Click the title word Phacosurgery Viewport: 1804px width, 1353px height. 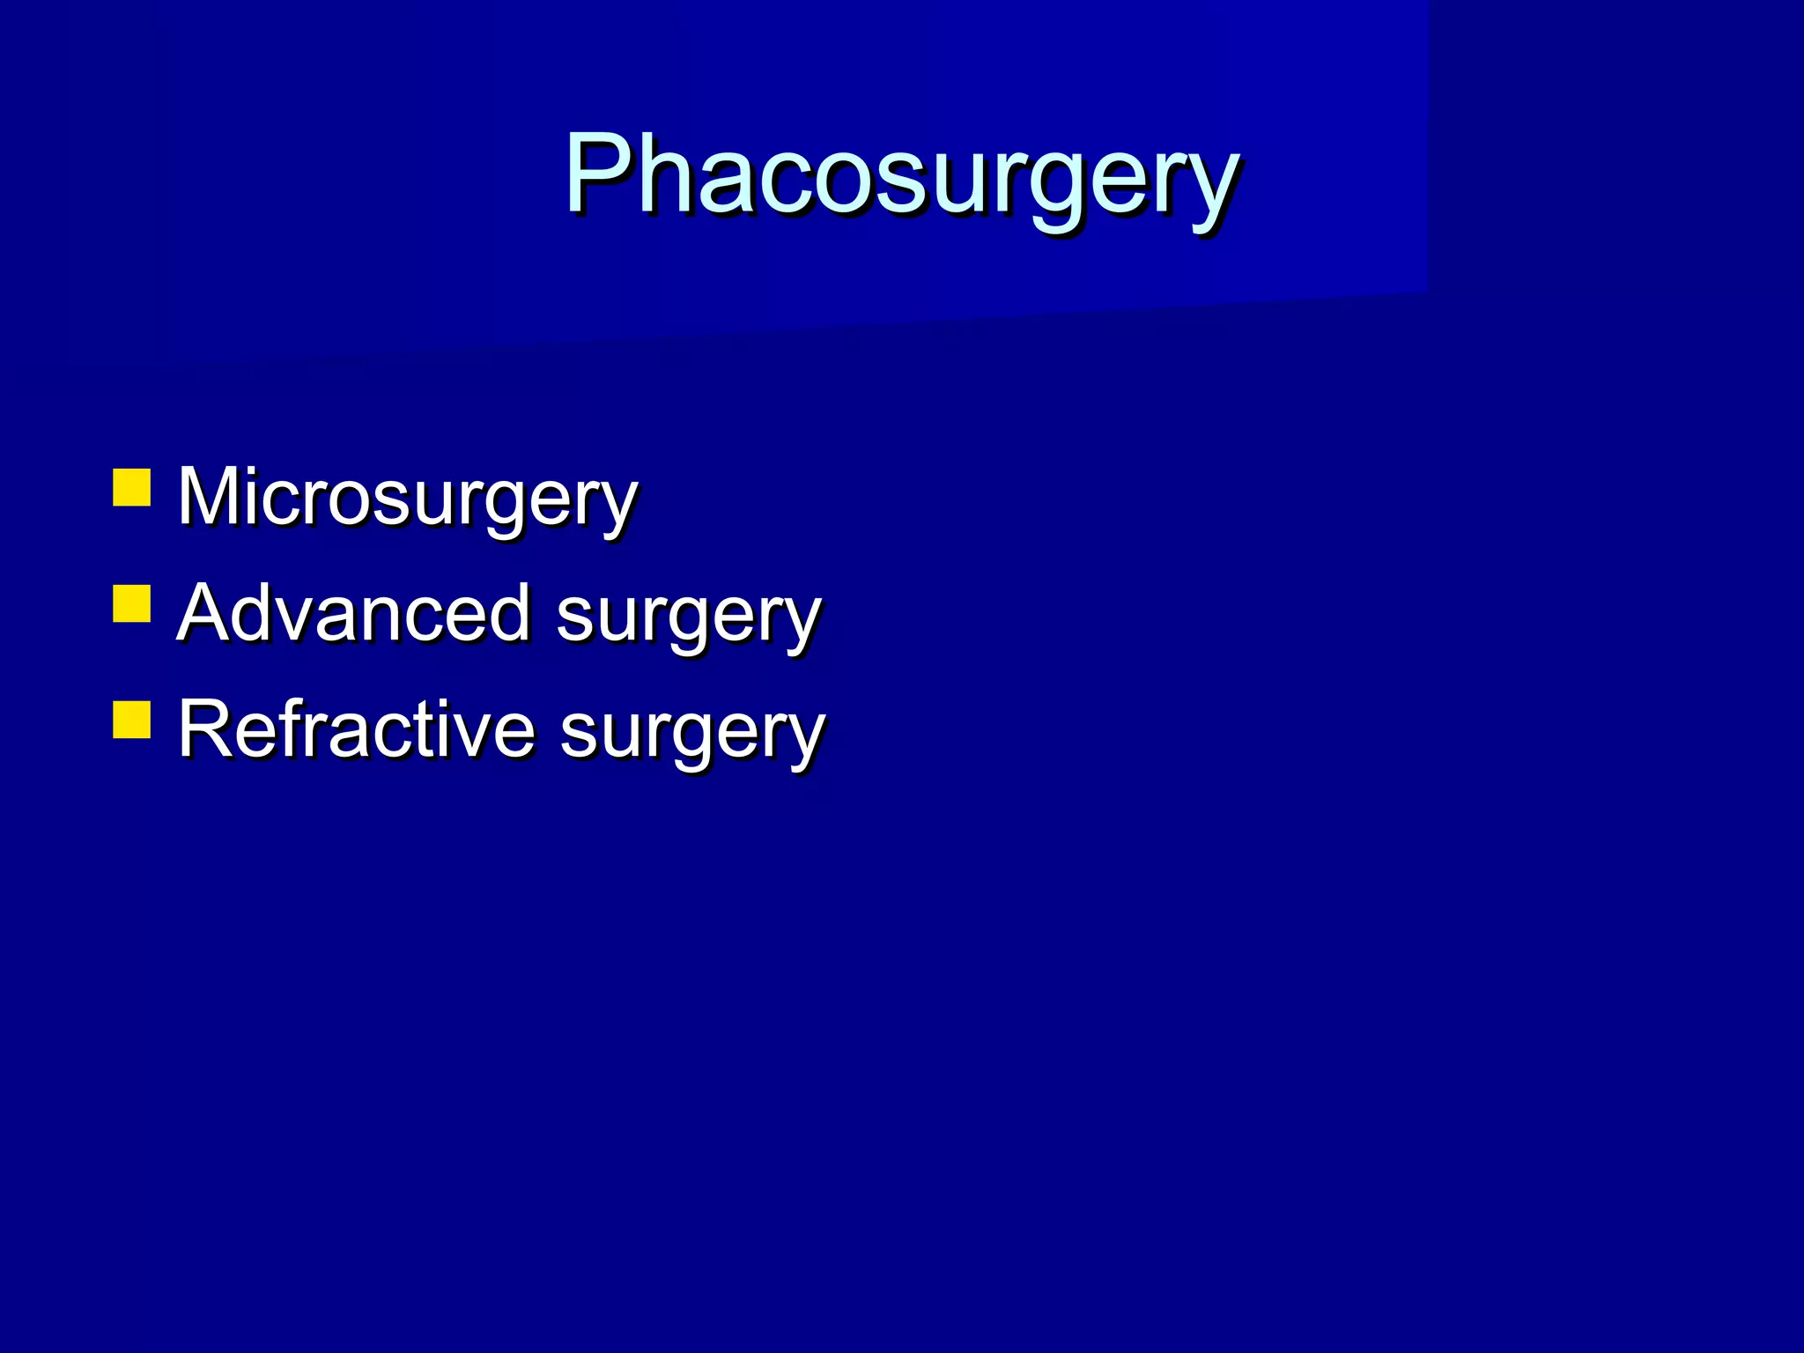coord(901,175)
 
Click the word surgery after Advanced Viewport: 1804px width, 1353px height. coord(689,617)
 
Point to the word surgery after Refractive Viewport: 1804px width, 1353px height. coord(692,733)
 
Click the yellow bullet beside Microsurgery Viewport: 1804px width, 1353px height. coord(132,487)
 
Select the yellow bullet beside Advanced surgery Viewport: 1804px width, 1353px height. coord(132,603)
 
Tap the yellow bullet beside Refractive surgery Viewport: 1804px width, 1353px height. coord(132,719)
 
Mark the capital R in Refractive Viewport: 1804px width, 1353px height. coord(208,728)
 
